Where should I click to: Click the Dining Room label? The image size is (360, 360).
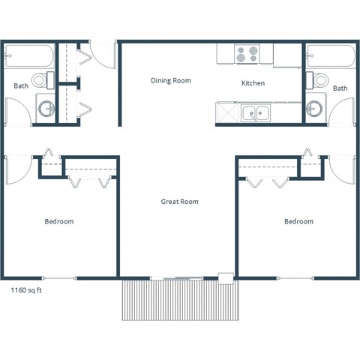(x=170, y=80)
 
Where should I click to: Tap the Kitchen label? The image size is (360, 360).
(x=251, y=83)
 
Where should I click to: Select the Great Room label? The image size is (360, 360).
(x=179, y=202)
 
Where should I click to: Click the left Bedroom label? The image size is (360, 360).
(x=58, y=221)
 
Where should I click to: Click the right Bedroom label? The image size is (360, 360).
(x=298, y=221)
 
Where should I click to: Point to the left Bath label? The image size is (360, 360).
(x=21, y=86)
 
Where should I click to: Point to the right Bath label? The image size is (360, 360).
(x=340, y=88)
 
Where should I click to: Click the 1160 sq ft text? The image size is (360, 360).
(x=28, y=289)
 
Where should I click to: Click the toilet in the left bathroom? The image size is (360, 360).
(x=46, y=79)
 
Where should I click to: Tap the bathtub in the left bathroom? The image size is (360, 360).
(x=28, y=56)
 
